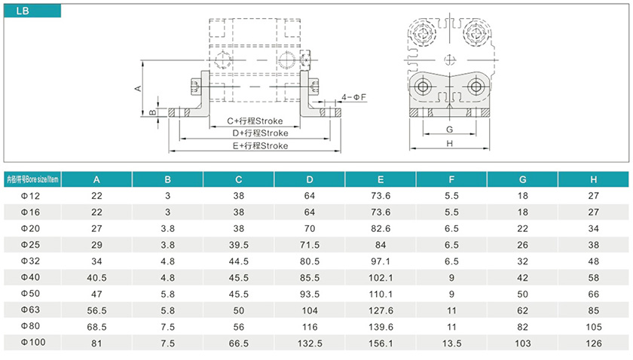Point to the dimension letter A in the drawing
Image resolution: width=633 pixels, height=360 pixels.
138,88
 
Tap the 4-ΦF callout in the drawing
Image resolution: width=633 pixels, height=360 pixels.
353,97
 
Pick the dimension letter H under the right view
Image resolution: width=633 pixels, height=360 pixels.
449,142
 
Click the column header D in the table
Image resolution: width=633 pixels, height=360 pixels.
310,179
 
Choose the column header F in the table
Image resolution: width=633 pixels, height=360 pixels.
451,179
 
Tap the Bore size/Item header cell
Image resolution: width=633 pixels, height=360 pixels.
32,179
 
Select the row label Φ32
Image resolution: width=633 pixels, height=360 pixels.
30,261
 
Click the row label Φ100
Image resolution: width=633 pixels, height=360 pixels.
32,343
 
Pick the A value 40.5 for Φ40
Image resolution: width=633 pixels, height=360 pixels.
96,277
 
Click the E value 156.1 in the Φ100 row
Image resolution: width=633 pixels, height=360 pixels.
381,343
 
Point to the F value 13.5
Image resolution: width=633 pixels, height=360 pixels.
451,343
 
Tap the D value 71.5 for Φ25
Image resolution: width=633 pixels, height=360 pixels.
310,245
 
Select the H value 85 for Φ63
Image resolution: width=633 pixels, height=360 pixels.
594,310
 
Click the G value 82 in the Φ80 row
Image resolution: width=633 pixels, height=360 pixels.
522,326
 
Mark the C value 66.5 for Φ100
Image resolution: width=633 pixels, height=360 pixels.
239,343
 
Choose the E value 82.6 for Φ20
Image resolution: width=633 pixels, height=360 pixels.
381,228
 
